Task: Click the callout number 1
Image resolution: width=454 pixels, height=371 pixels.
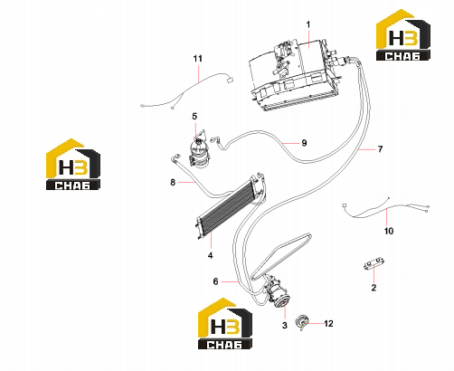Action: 308,24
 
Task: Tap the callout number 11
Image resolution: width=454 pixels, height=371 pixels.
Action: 198,58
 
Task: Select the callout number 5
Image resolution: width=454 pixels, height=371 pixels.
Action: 194,116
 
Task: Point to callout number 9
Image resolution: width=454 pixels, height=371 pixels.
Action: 304,143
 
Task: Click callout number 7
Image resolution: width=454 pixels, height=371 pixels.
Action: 380,149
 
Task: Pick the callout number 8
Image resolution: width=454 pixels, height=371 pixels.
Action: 173,182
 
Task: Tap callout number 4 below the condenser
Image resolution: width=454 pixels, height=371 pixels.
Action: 210,255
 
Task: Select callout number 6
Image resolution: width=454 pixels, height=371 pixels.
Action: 215,281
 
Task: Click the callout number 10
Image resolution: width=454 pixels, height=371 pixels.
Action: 389,231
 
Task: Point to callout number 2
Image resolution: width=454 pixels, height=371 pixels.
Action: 374,288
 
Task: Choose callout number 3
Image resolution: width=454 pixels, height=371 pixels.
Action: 285,326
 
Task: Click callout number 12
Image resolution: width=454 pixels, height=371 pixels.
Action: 328,324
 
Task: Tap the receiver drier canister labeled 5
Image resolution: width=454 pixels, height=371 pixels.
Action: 199,152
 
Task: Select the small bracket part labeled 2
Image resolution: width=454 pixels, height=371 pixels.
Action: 374,263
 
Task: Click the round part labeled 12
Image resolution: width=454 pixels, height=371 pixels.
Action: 302,321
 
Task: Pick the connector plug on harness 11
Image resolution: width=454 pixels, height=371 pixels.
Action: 230,80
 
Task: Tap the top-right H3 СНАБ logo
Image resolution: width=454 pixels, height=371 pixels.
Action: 403,35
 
